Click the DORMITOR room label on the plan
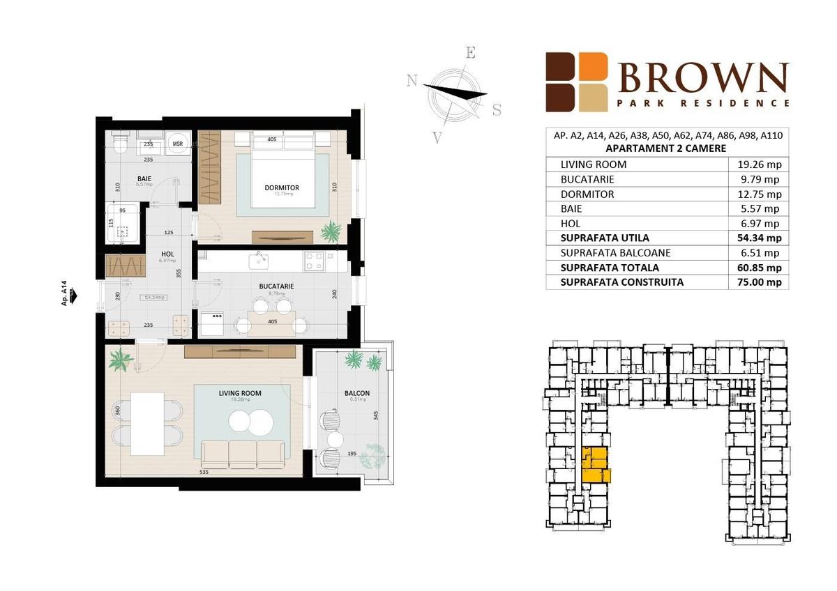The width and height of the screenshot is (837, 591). pos(282,187)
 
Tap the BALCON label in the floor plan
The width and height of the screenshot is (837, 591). pos(357,393)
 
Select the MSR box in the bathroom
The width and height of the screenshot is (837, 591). pos(177,144)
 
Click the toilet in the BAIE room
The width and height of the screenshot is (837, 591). pos(120,144)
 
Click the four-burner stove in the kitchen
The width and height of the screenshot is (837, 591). pos(313,261)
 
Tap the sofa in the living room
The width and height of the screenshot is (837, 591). pos(243,454)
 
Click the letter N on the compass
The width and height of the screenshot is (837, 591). pos(412,81)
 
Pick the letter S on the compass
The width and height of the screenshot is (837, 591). pos(497,109)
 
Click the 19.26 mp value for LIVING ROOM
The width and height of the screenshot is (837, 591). pos(760,164)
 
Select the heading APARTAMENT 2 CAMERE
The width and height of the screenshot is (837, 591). pos(666,148)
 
